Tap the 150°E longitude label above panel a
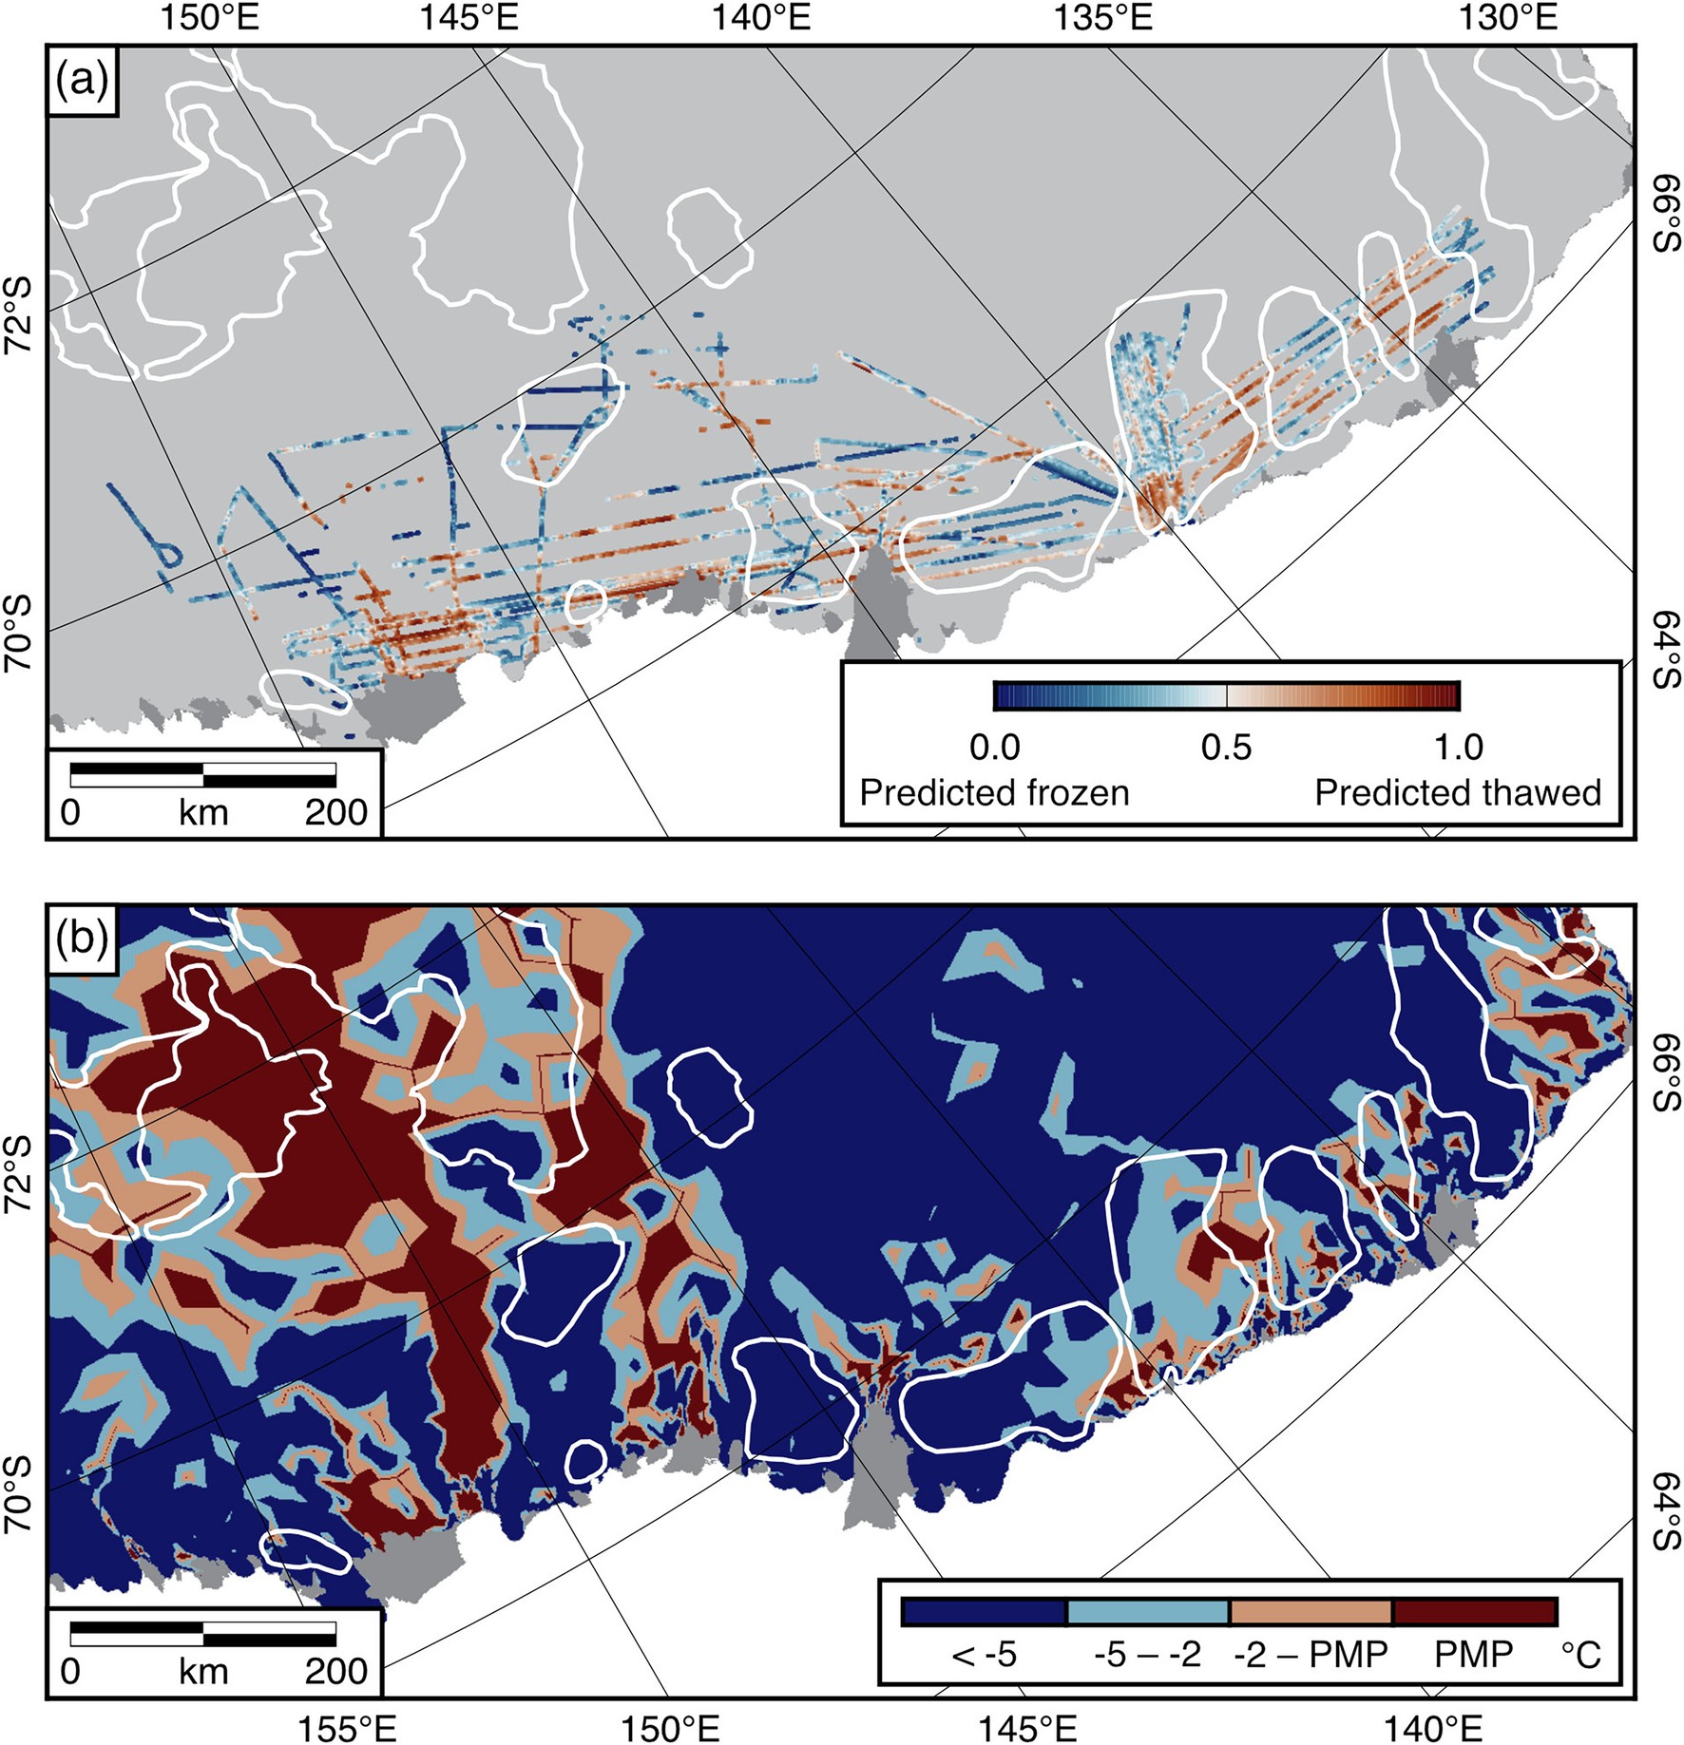208,18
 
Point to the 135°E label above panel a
1102,18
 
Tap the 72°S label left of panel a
19,314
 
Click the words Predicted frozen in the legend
994,792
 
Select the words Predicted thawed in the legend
1458,792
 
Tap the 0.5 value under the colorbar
1226,748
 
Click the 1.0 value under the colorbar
1458,748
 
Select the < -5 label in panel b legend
985,1655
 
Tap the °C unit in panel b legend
1580,1655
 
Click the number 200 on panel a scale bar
335,813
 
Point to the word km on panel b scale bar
203,1671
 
